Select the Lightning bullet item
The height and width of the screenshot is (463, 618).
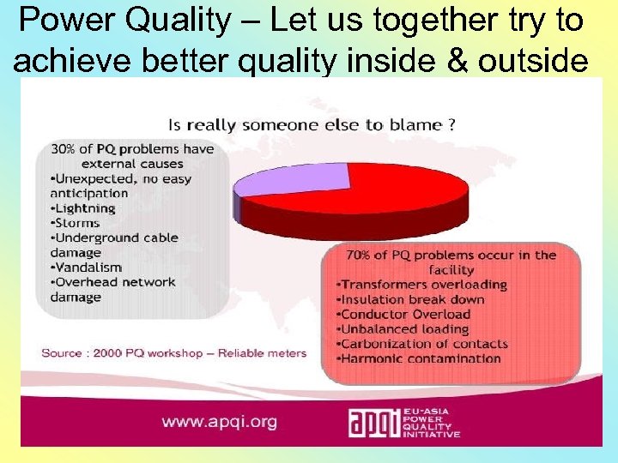(x=83, y=208)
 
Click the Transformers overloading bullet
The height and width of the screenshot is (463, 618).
(x=424, y=285)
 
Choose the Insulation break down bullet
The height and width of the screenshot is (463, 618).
(x=413, y=299)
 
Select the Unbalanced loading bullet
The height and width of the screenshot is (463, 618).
(x=405, y=329)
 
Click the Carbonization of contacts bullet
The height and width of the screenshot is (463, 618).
(x=424, y=344)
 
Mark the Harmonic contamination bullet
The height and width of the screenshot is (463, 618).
(x=421, y=358)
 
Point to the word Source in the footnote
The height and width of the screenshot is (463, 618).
(x=62, y=352)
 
